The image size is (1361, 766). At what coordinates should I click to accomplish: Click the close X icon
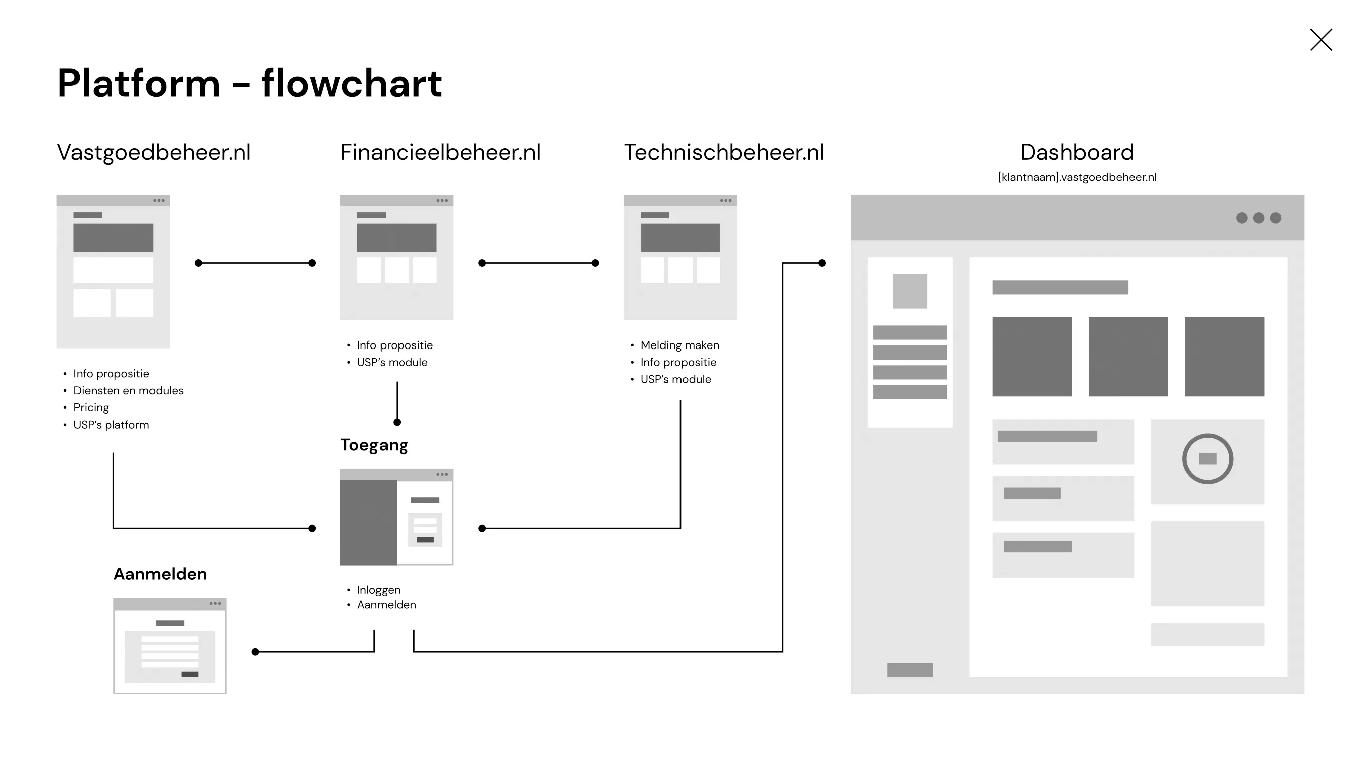coord(1321,40)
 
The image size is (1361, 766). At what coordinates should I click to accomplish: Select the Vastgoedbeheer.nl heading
coord(153,152)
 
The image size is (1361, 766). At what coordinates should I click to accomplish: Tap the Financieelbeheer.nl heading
coord(440,152)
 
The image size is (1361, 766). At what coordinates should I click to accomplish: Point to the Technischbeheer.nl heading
coord(724,152)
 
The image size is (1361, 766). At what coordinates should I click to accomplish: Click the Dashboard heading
coord(1077,152)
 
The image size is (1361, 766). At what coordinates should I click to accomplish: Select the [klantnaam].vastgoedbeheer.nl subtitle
coord(1077,177)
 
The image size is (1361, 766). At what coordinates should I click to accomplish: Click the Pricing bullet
coord(91,407)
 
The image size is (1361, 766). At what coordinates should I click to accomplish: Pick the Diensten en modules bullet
coord(128,391)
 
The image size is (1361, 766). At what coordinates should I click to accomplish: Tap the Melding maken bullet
coord(679,345)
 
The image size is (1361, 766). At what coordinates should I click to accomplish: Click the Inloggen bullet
coord(379,590)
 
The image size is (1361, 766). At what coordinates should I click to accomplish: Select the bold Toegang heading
coord(374,445)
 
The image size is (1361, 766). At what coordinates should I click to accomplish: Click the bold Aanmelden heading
coord(160,574)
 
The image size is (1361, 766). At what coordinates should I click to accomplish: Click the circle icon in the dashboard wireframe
coord(1207,459)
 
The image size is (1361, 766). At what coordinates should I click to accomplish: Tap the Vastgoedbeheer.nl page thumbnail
coord(113,271)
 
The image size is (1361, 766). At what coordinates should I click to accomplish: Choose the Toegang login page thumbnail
coord(396,517)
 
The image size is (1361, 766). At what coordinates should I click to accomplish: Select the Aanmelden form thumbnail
coord(170,646)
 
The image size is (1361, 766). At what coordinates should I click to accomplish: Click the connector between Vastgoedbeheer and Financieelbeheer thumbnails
coord(255,263)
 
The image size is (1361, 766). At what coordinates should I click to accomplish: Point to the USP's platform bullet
coord(111,425)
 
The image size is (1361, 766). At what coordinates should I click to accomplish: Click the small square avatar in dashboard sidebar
coord(910,291)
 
